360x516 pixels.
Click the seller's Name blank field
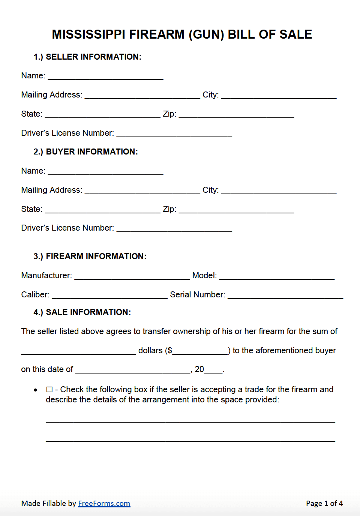tap(106, 76)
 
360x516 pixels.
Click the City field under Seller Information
tap(279, 95)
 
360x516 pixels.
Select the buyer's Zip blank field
tap(236, 209)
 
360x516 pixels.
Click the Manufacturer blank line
tap(132, 276)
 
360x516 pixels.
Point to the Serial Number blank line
tap(285, 295)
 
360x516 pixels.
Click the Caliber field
tap(109, 295)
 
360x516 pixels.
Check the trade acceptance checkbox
tap(49, 390)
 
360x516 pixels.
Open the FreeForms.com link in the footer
tap(104, 503)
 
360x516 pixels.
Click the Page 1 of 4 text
tap(324, 503)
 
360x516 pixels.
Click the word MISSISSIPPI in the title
tap(88, 34)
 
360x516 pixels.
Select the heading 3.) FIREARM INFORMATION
tap(90, 256)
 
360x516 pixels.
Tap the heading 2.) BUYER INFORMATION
tap(86, 151)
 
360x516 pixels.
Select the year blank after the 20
tap(214, 369)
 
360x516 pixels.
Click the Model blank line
tap(277, 276)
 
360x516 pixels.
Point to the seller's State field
tap(102, 114)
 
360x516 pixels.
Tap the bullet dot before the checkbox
tap(36, 390)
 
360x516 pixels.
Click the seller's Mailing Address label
tap(51, 95)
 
